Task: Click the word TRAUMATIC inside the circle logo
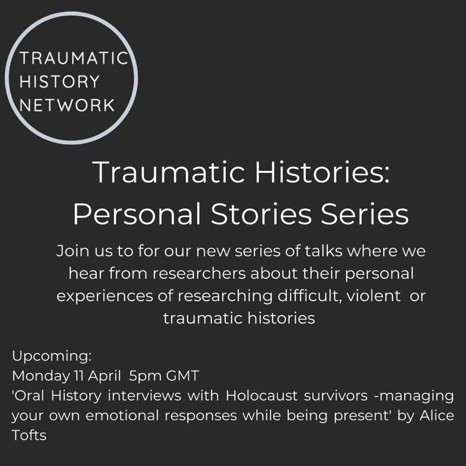pos(74,59)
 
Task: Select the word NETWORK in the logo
pos(67,105)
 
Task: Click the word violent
pos(376,296)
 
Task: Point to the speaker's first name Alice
pos(438,416)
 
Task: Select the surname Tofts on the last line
pos(29,435)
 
